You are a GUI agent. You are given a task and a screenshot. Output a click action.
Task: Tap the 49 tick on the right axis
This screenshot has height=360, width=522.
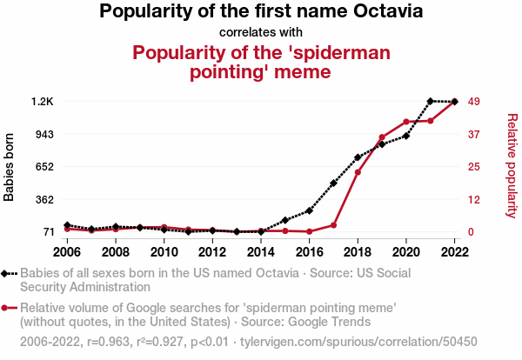click(474, 102)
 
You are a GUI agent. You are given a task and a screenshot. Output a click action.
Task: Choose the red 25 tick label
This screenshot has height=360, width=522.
click(474, 167)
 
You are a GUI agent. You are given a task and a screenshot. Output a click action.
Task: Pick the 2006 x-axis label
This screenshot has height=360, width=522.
click(67, 252)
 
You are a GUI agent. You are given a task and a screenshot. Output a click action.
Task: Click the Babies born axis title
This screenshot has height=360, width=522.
click(10, 167)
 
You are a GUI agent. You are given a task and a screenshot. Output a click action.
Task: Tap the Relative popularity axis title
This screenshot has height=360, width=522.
click(512, 165)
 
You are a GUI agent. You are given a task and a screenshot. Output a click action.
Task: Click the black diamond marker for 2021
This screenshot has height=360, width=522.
click(431, 102)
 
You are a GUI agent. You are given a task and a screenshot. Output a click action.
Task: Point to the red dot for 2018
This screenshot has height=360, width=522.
click(358, 172)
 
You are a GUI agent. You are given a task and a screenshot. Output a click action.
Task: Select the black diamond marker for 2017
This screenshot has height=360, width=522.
click(333, 183)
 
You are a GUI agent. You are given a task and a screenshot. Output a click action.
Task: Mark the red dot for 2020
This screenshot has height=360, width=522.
click(406, 122)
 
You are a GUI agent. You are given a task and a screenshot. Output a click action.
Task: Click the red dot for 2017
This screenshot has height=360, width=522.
click(333, 225)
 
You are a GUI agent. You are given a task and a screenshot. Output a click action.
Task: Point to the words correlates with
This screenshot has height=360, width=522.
click(261, 33)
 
